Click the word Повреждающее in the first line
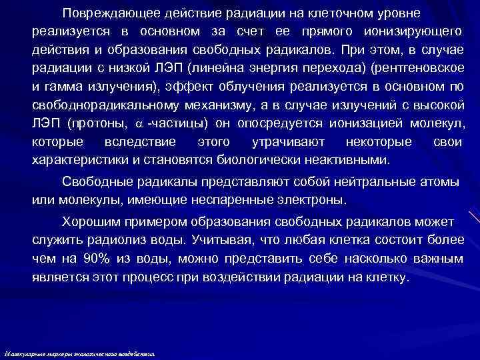pyautogui.click(x=109, y=13)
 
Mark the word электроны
pyautogui.click(x=307, y=199)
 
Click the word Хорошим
pyautogui.click(x=89, y=221)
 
